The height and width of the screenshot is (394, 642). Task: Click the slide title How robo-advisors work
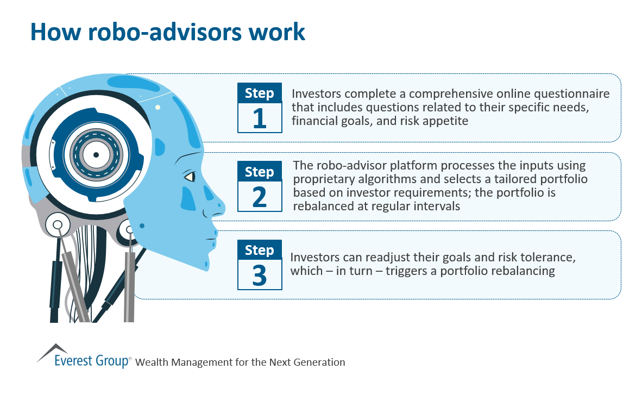(168, 32)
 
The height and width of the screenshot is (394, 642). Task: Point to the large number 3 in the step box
(260, 274)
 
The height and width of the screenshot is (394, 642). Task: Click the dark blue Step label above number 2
(260, 172)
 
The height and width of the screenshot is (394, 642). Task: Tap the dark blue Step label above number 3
(260, 250)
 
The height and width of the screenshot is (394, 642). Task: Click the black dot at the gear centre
(96, 155)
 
